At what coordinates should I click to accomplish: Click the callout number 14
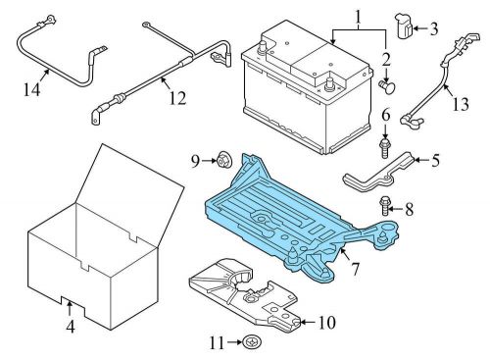[31, 89]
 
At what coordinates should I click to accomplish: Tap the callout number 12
[177, 98]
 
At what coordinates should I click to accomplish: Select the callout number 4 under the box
[71, 327]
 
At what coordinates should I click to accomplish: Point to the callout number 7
[355, 269]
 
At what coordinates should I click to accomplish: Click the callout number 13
[461, 104]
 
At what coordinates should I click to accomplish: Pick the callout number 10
[326, 323]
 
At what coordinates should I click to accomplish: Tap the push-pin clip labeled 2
[387, 87]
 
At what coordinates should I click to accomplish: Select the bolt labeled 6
[385, 148]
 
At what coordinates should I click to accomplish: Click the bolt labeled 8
[385, 207]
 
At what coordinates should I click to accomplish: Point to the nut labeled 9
[223, 160]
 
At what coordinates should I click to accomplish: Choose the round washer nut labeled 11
[253, 342]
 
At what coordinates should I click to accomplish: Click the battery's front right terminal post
[329, 82]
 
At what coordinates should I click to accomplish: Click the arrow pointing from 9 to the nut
[209, 161]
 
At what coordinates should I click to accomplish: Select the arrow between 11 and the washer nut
[235, 342]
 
